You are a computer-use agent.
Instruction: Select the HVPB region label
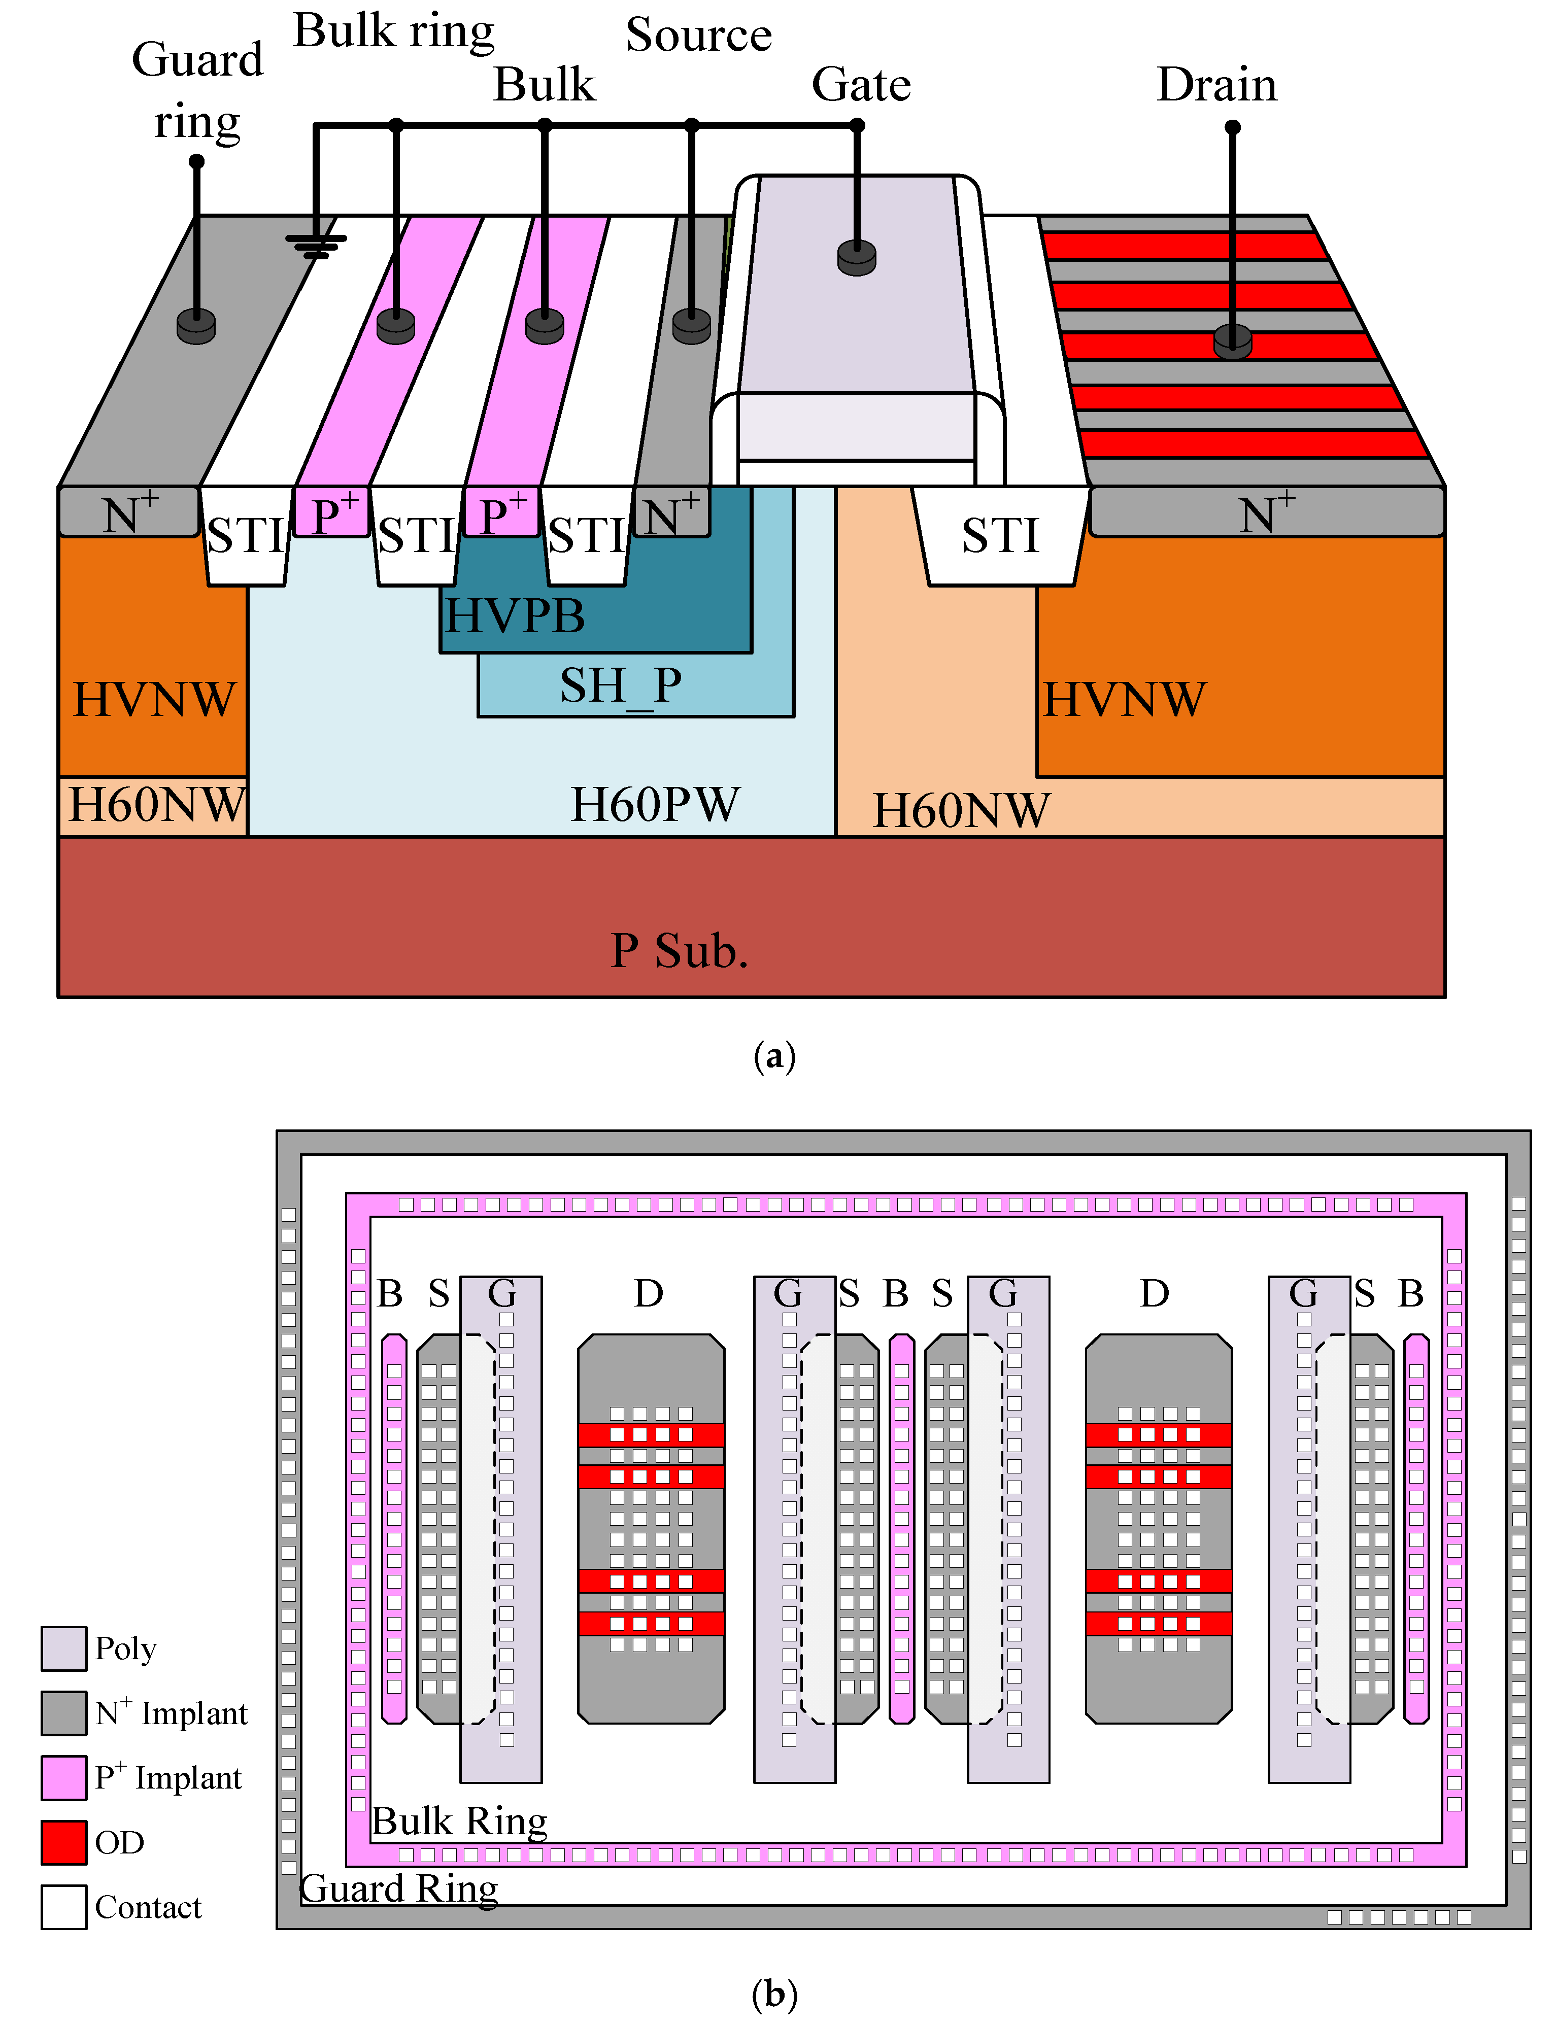point(515,616)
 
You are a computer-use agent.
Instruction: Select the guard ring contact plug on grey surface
point(196,325)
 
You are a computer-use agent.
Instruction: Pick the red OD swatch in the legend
point(64,1842)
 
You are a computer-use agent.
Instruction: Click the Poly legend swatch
point(64,1648)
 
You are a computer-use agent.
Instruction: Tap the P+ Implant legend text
point(168,1778)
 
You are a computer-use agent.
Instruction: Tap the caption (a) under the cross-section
point(774,1056)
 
